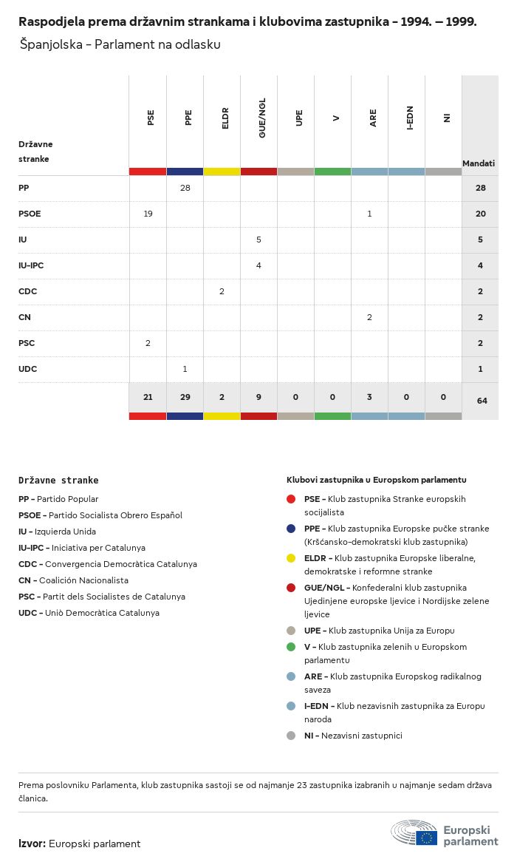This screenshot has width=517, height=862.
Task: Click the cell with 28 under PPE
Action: tap(185, 188)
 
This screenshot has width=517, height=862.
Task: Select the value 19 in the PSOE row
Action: tap(148, 214)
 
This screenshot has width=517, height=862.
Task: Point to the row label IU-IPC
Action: tap(31, 265)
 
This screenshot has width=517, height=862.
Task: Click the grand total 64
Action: tap(482, 401)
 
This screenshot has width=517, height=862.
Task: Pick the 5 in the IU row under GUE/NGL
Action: tap(258, 240)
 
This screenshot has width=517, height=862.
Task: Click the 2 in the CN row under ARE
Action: tap(369, 317)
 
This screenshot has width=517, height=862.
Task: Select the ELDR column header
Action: tap(225, 118)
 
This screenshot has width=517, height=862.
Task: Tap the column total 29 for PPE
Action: tap(185, 397)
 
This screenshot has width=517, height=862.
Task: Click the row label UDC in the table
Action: tap(27, 369)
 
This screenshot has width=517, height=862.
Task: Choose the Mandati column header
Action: tap(479, 163)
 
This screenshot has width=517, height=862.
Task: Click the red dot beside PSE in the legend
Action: tap(291, 499)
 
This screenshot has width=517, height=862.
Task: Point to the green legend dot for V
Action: tap(291, 647)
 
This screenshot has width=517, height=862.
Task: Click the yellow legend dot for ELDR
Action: tap(291, 558)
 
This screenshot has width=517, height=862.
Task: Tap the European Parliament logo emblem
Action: tap(414, 832)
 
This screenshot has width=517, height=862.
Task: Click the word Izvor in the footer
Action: tap(32, 844)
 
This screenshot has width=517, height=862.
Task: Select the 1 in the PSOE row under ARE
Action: tap(369, 214)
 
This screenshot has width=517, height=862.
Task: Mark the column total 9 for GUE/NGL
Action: tap(258, 397)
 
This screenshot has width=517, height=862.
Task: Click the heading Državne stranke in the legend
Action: tap(58, 480)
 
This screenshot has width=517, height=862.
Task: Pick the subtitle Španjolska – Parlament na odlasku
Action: tap(120, 44)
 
